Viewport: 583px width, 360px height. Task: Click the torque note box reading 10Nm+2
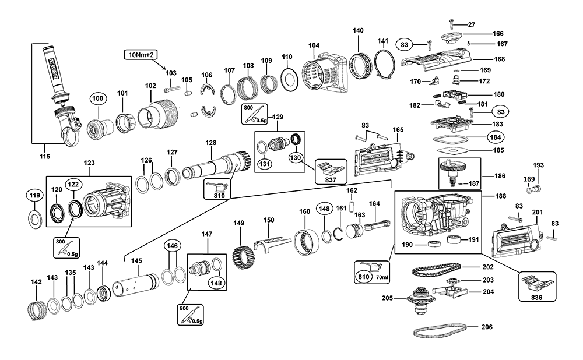tap(140, 55)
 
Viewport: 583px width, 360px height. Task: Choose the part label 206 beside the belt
tap(487, 327)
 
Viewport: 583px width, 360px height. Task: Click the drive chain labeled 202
tap(434, 270)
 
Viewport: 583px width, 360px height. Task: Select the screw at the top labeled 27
tap(452, 24)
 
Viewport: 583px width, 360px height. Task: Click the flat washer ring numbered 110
tap(287, 77)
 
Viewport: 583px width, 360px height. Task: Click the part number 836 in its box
tap(536, 298)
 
